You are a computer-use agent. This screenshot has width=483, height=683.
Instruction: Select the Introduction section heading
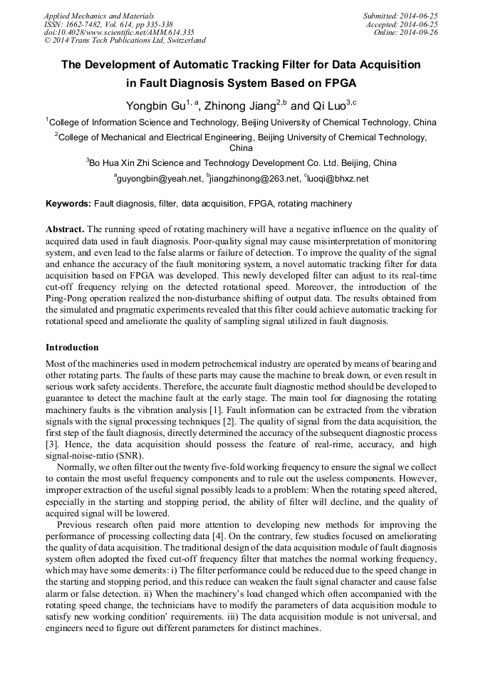coord(72,348)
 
